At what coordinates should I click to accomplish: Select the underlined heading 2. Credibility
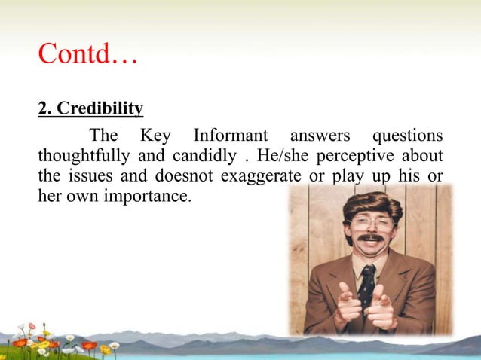90,109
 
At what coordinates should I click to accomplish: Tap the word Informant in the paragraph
231,136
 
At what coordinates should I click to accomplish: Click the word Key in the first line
156,136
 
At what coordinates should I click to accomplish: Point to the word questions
405,136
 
